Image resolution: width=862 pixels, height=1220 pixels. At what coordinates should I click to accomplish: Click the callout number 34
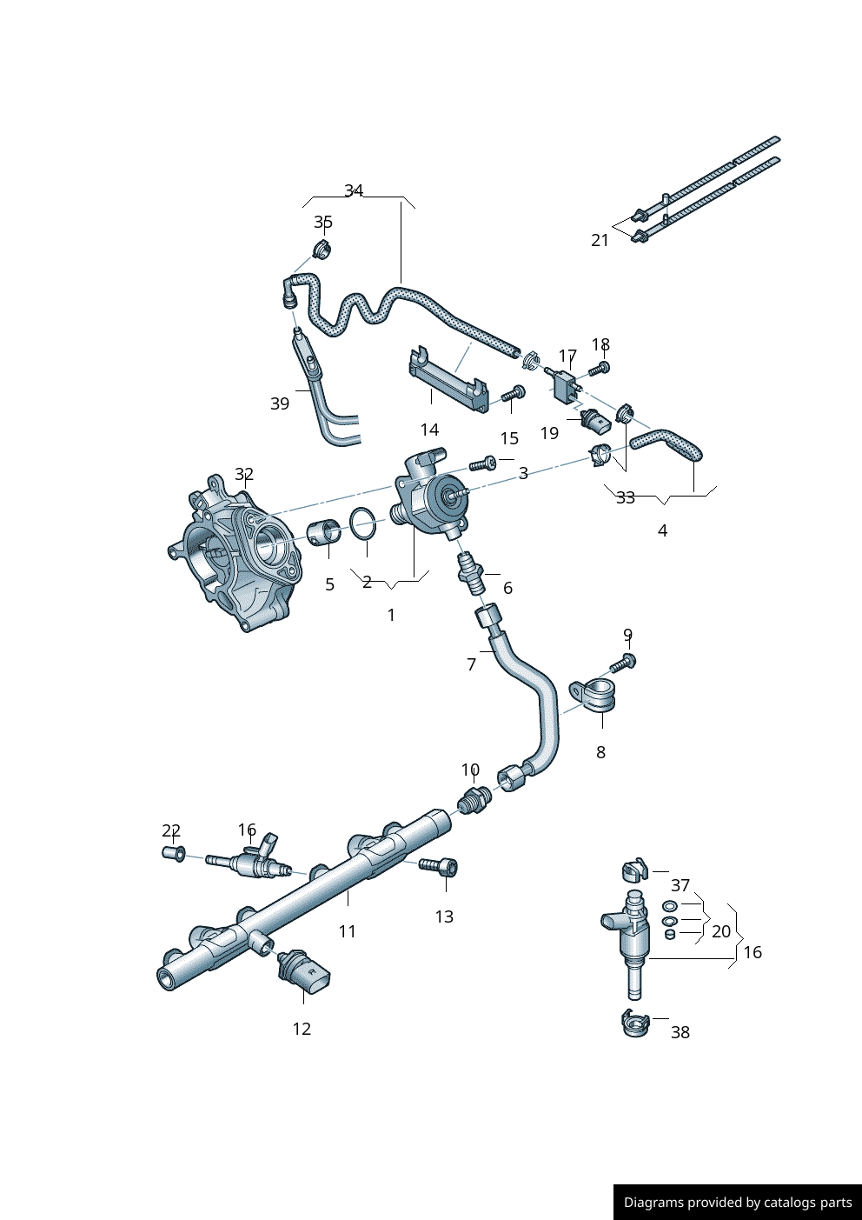pyautogui.click(x=354, y=190)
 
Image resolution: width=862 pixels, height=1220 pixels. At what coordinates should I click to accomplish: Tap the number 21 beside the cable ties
pyautogui.click(x=600, y=240)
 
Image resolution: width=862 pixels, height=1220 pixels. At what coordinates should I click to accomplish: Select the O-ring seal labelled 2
pyautogui.click(x=364, y=523)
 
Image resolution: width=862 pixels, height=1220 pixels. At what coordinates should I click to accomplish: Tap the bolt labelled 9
pyautogui.click(x=623, y=663)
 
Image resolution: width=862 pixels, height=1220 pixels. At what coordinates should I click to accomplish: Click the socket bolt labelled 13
pyautogui.click(x=440, y=866)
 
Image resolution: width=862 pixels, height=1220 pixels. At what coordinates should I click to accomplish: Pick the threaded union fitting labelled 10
pyautogui.click(x=472, y=798)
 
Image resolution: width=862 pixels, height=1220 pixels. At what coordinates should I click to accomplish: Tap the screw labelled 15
pyautogui.click(x=513, y=394)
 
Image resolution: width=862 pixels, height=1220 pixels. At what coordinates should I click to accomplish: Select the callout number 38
pyautogui.click(x=680, y=1032)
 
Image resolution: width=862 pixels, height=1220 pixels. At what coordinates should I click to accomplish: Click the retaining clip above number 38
pyautogui.click(x=636, y=1024)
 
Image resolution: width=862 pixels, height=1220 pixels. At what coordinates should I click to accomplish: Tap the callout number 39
pyautogui.click(x=280, y=403)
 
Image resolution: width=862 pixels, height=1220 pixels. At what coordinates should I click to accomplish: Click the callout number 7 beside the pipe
pyautogui.click(x=472, y=664)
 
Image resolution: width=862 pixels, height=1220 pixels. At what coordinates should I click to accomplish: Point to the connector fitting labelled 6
pyautogui.click(x=472, y=573)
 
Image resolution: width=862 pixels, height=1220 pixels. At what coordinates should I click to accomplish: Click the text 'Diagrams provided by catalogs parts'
pyautogui.click(x=738, y=1203)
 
